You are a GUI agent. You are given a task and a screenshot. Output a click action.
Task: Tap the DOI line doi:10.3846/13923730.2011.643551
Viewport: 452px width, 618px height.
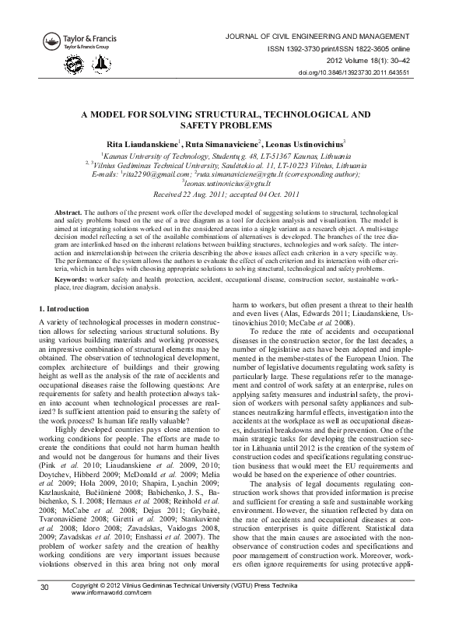pos(364,73)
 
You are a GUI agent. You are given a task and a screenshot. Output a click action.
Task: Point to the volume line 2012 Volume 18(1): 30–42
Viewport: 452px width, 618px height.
pos(371,61)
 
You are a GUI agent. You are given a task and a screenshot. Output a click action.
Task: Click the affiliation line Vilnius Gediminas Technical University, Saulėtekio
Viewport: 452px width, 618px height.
pos(226,166)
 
